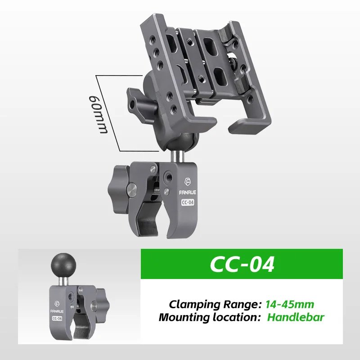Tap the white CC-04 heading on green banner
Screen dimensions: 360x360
pyautogui.click(x=242, y=265)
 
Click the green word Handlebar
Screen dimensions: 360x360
pyautogui.click(x=296, y=317)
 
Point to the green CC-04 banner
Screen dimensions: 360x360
pyautogui.click(x=242, y=265)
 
